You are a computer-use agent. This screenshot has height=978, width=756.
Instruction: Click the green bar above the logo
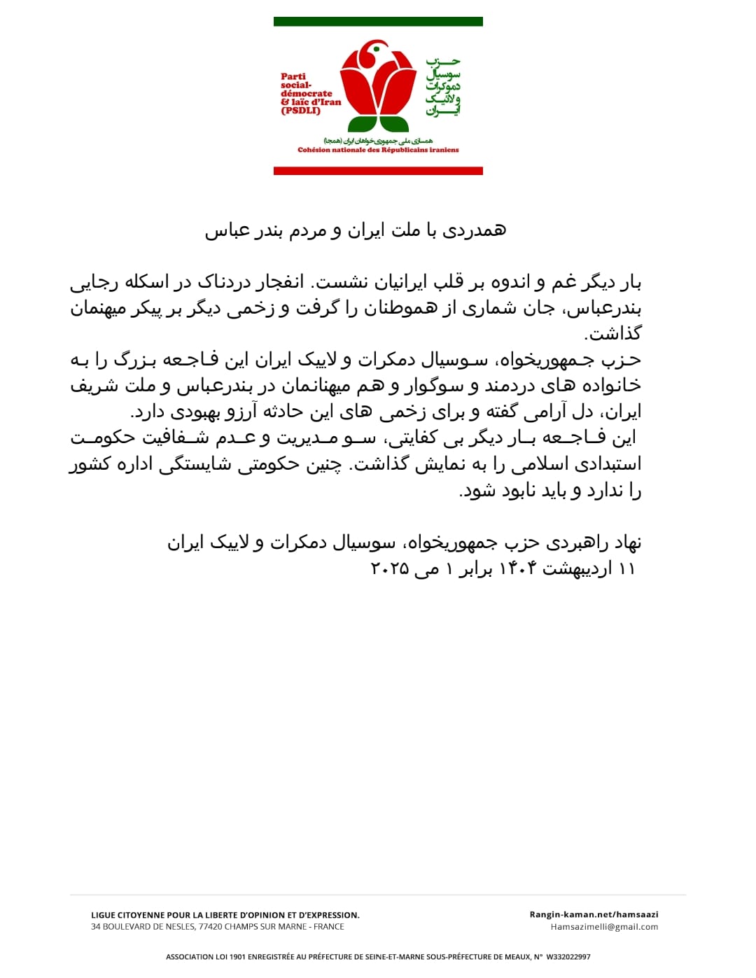378,22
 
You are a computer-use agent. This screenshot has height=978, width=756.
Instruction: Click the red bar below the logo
378,171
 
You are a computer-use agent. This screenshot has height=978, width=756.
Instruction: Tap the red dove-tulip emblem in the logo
378,81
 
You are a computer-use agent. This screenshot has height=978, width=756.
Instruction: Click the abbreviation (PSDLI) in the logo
300,111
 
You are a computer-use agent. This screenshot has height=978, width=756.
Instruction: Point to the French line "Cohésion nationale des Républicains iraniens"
378,150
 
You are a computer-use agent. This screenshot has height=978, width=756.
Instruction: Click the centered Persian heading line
355,230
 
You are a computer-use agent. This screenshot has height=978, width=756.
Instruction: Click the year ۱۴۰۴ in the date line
517,568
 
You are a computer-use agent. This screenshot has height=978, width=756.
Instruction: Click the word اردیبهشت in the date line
577,568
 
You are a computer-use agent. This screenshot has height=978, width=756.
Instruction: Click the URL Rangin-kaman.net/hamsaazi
594,914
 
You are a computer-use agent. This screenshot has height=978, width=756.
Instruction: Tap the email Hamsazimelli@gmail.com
604,927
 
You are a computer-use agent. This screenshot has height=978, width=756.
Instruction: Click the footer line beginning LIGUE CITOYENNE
225,915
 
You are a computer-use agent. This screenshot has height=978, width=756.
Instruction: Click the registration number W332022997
568,957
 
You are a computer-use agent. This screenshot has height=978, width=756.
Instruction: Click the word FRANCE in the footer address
328,927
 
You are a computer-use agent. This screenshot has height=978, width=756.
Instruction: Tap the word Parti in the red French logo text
293,77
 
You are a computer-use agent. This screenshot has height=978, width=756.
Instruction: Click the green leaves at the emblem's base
378,125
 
